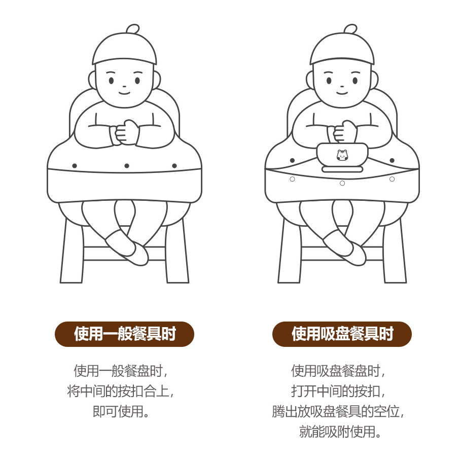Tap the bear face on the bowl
(x=342, y=155)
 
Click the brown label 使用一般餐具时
(x=124, y=334)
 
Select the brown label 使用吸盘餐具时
(x=342, y=334)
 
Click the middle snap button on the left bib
(x=127, y=166)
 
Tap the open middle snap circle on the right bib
(x=342, y=183)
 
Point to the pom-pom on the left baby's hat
(x=132, y=29)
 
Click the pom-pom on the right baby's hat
(x=350, y=29)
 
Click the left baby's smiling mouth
(x=124, y=93)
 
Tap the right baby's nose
(x=342, y=86)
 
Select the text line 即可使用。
(x=121, y=411)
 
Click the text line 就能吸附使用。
(x=340, y=432)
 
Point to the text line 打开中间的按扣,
(x=338, y=391)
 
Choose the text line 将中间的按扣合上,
(x=121, y=391)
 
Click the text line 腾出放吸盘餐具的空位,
(x=338, y=411)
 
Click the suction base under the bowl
(x=342, y=169)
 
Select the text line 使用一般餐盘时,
(x=121, y=371)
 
